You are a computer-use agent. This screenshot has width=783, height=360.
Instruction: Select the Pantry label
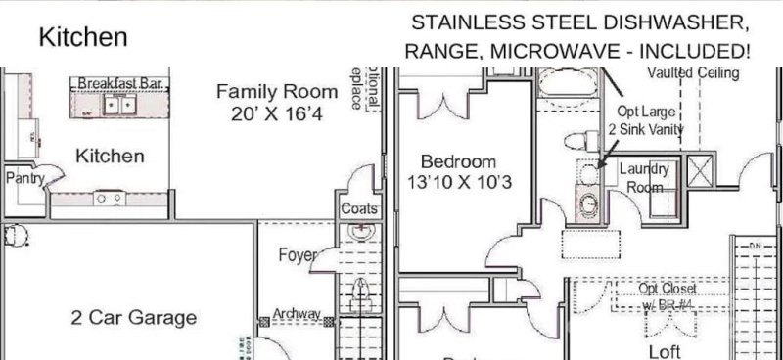(x=23, y=178)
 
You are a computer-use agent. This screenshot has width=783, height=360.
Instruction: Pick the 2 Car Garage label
(x=133, y=318)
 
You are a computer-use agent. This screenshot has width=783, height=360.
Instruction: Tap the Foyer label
(x=298, y=255)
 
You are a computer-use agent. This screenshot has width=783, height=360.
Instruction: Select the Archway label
(x=298, y=313)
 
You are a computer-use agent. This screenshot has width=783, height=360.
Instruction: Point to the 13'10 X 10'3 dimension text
(x=458, y=182)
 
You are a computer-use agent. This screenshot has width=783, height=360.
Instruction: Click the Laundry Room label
(x=645, y=177)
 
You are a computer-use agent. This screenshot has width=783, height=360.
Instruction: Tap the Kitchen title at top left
(x=82, y=37)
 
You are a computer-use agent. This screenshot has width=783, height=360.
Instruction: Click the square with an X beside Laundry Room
(x=701, y=170)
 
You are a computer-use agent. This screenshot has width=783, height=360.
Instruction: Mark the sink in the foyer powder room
(x=360, y=235)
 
